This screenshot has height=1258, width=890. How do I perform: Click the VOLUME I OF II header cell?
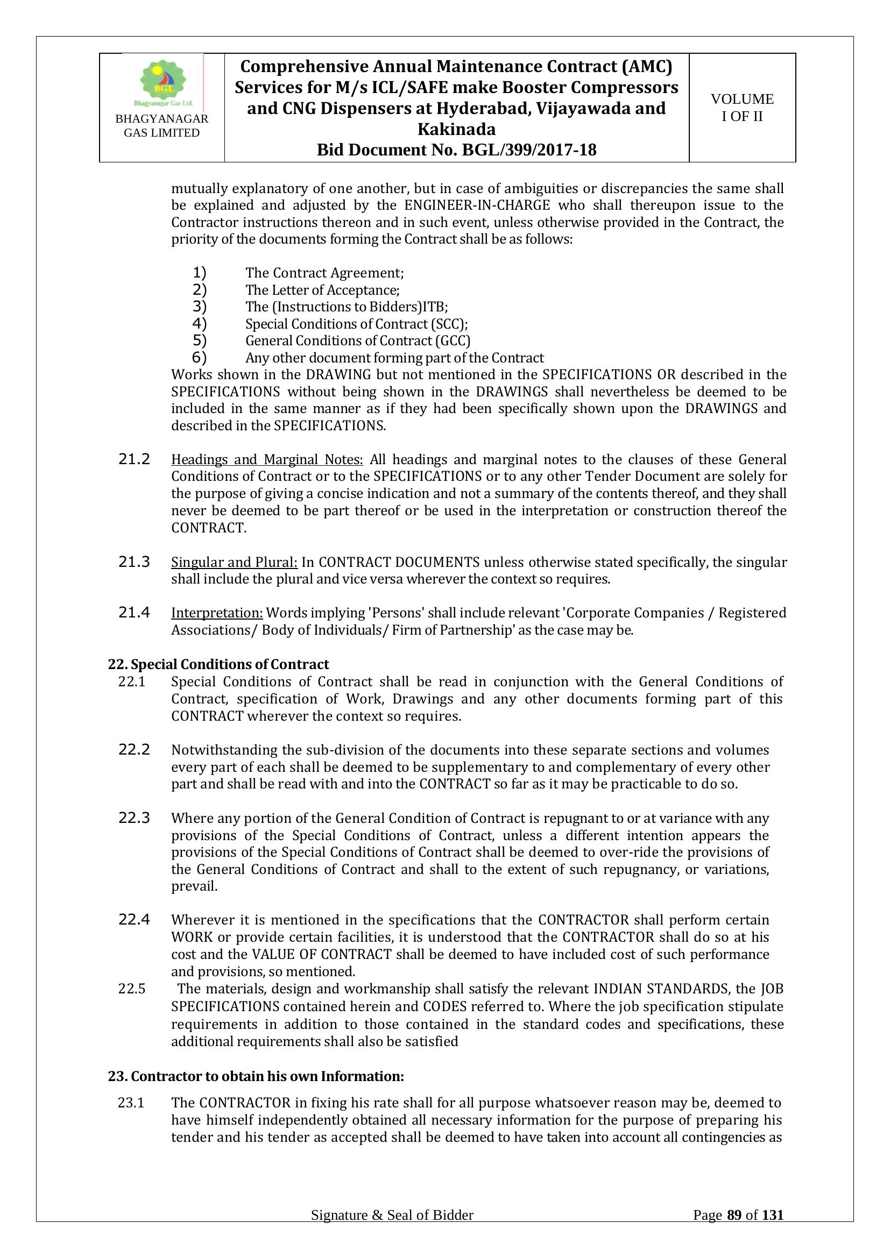[x=742, y=108]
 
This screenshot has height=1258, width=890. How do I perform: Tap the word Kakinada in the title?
[x=456, y=129]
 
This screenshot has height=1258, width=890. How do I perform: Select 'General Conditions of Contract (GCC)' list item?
[x=357, y=341]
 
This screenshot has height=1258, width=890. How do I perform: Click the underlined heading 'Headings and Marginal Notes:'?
[x=267, y=459]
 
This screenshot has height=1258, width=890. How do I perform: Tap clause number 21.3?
[x=135, y=562]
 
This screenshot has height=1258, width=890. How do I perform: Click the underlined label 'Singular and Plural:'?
[x=234, y=562]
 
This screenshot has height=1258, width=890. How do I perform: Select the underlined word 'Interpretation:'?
[x=217, y=613]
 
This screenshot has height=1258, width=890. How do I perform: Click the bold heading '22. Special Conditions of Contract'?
[x=218, y=664]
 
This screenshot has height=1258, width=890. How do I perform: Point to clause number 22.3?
[x=135, y=818]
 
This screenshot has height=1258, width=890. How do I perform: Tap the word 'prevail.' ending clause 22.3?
[x=194, y=886]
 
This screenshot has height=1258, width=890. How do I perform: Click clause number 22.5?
[x=131, y=989]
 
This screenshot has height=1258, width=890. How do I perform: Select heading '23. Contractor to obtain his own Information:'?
[x=256, y=1076]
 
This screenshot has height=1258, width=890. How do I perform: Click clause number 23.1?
[x=131, y=1103]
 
